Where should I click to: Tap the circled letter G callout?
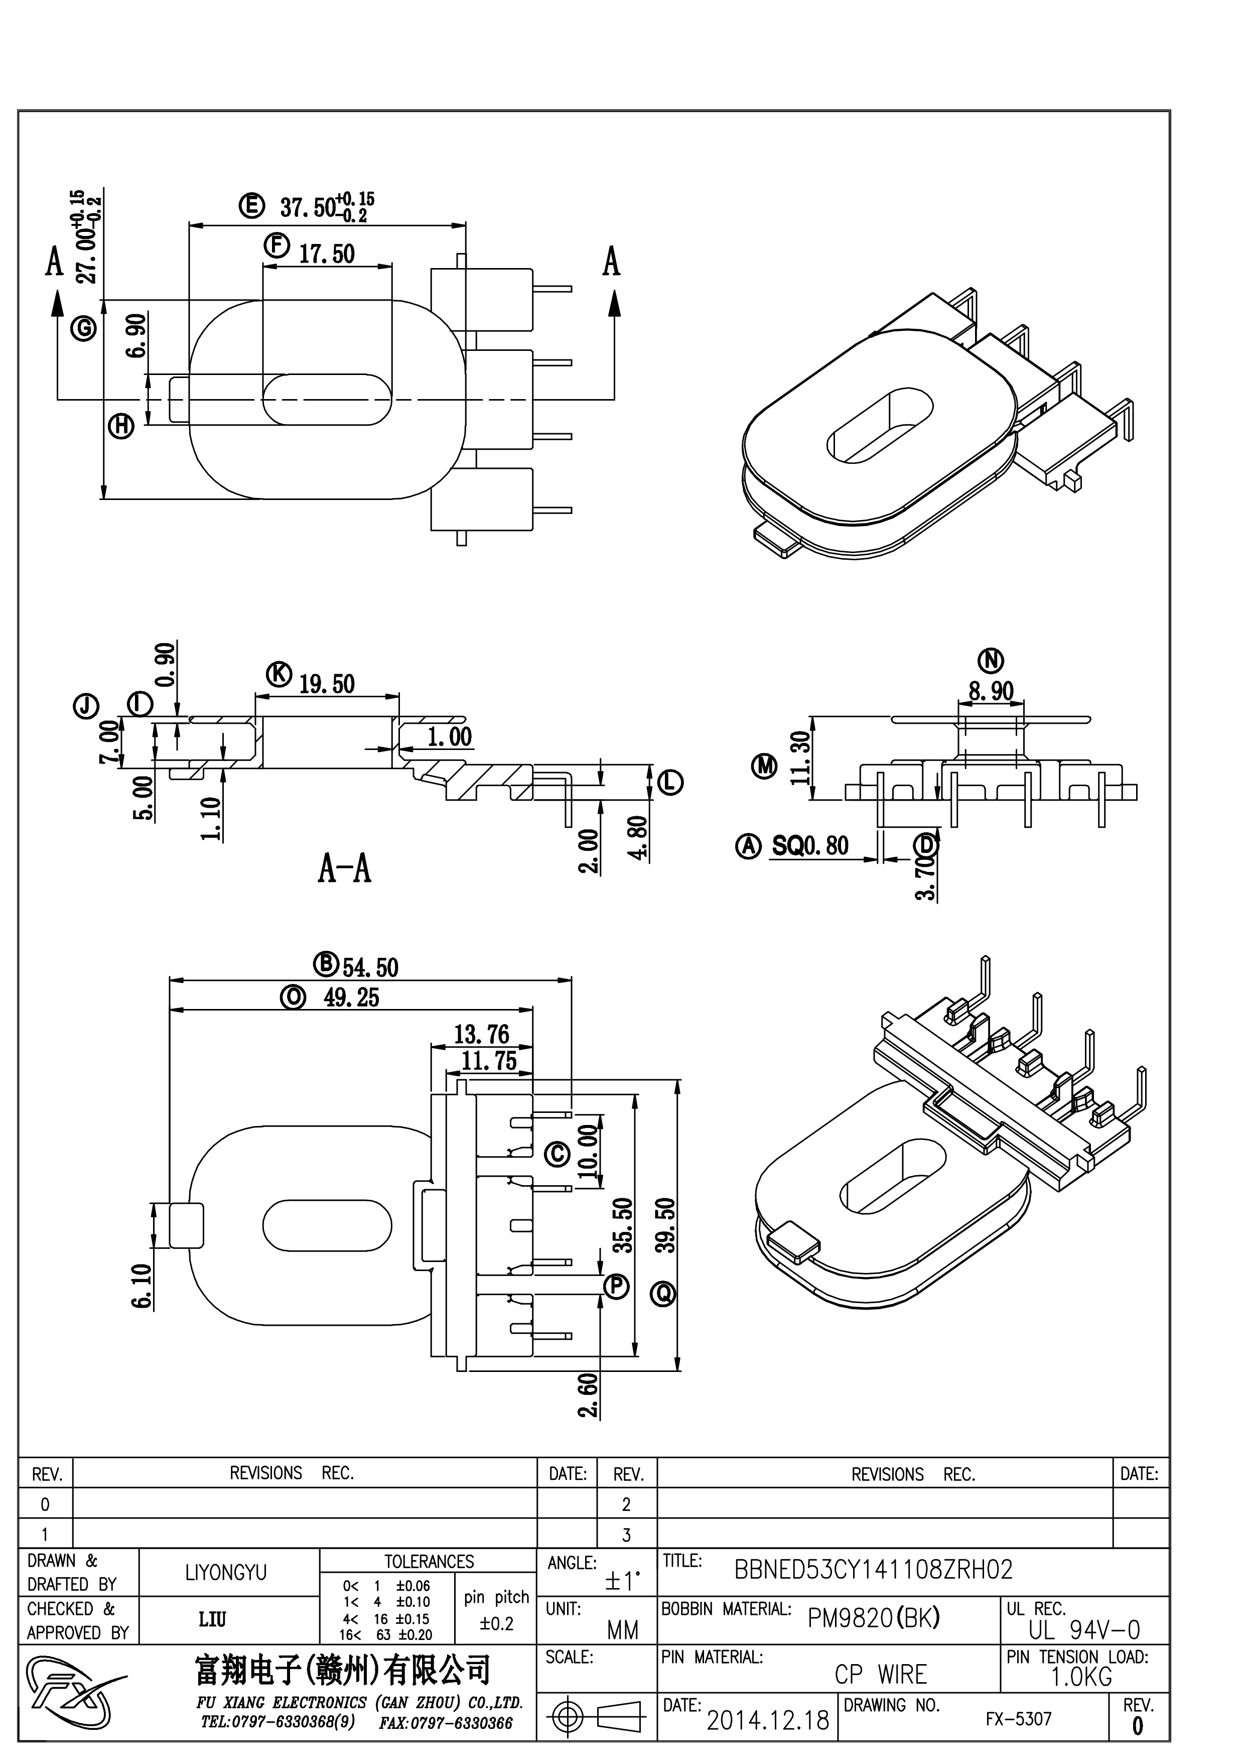click(x=83, y=328)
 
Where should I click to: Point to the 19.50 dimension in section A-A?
click(x=327, y=683)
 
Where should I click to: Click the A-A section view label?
click(x=344, y=869)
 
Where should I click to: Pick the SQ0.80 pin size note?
click(x=810, y=845)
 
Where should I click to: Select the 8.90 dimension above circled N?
click(x=991, y=690)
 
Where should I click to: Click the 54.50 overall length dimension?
click(x=370, y=967)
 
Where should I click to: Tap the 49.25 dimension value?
click(x=351, y=997)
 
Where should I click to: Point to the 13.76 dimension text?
click(x=481, y=1034)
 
